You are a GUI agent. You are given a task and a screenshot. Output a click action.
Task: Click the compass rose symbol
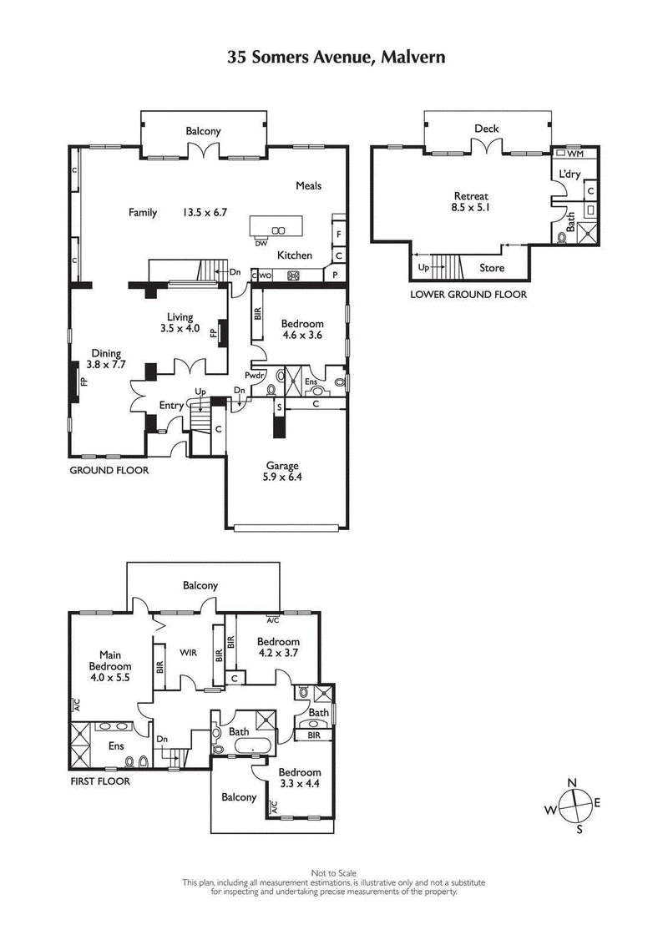(x=572, y=805)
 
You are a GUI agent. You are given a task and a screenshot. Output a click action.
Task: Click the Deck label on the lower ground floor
(x=486, y=129)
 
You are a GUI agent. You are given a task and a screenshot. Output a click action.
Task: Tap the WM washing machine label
(x=574, y=154)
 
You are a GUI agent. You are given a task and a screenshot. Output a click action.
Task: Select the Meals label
(x=308, y=185)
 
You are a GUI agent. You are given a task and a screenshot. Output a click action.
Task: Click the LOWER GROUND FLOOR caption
(x=468, y=294)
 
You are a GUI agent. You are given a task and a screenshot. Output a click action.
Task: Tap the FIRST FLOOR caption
(x=100, y=782)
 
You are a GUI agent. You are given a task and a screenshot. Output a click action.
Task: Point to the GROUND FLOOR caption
(x=109, y=470)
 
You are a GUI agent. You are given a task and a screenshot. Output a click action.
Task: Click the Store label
(x=491, y=268)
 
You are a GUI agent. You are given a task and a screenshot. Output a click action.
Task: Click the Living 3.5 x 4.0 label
(x=180, y=322)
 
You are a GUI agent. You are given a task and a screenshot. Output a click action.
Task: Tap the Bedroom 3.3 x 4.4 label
(x=299, y=778)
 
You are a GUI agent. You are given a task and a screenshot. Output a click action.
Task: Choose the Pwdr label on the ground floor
(x=254, y=376)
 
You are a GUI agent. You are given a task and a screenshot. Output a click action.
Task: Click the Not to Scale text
(x=334, y=872)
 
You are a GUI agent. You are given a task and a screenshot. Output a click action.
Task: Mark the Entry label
(x=171, y=406)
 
